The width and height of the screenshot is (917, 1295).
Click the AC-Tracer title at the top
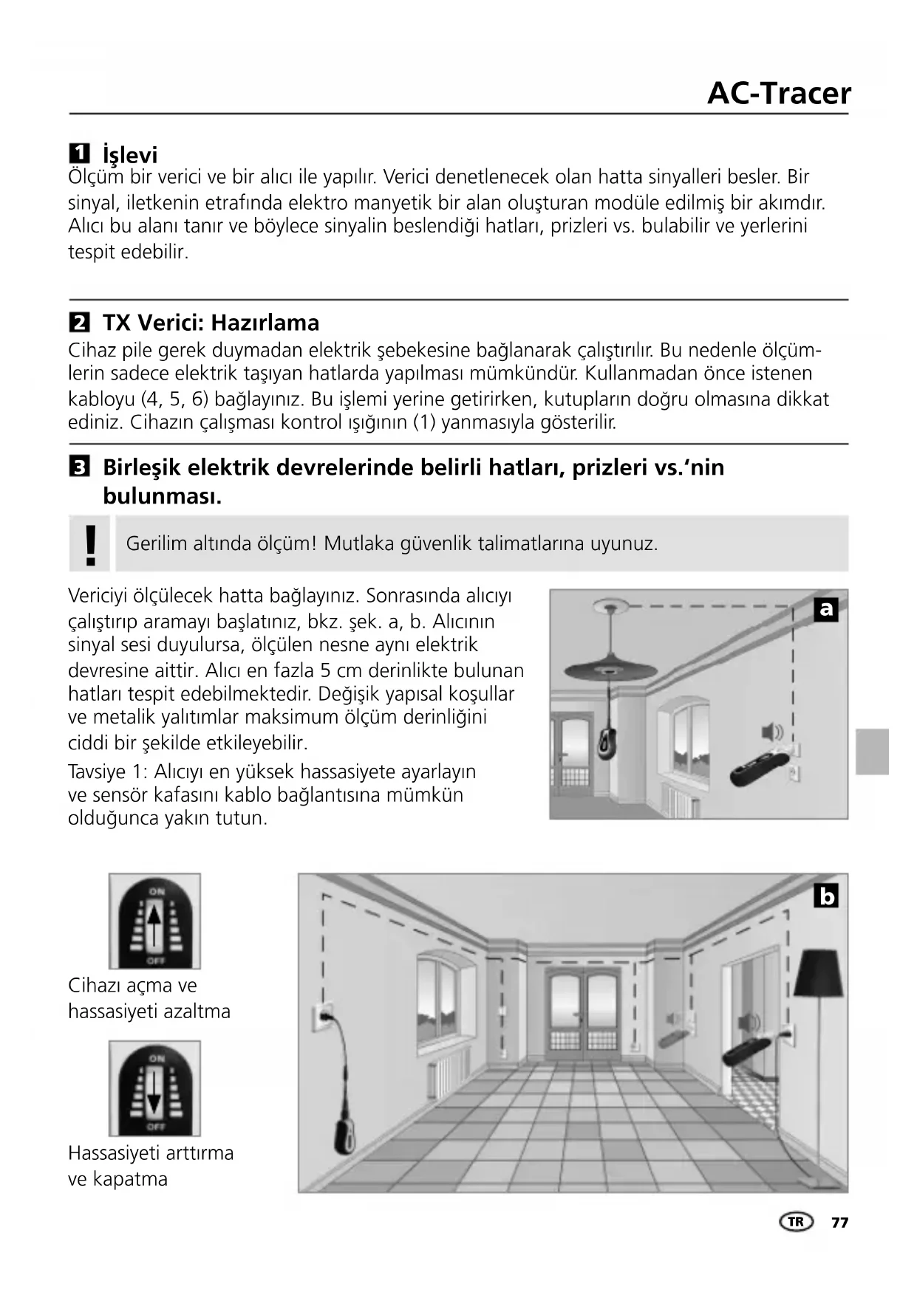tap(778, 94)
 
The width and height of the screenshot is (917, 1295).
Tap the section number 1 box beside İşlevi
tap(79, 154)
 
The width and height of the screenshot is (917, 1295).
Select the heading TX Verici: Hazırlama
tap(211, 323)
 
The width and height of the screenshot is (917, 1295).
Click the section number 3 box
tap(79, 467)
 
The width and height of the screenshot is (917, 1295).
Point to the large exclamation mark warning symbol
tap(90, 544)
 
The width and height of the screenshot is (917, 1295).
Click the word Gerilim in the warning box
tap(157, 544)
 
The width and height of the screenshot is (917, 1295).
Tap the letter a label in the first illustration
tap(826, 609)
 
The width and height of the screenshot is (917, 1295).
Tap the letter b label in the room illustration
tap(826, 896)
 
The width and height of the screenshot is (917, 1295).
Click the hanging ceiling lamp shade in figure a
tap(610, 668)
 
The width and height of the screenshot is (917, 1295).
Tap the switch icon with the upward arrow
tap(154, 921)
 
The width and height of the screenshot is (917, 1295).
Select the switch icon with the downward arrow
tap(154, 1089)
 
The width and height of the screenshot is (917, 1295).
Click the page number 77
tap(839, 1223)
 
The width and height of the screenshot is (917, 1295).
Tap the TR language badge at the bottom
tap(796, 1222)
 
